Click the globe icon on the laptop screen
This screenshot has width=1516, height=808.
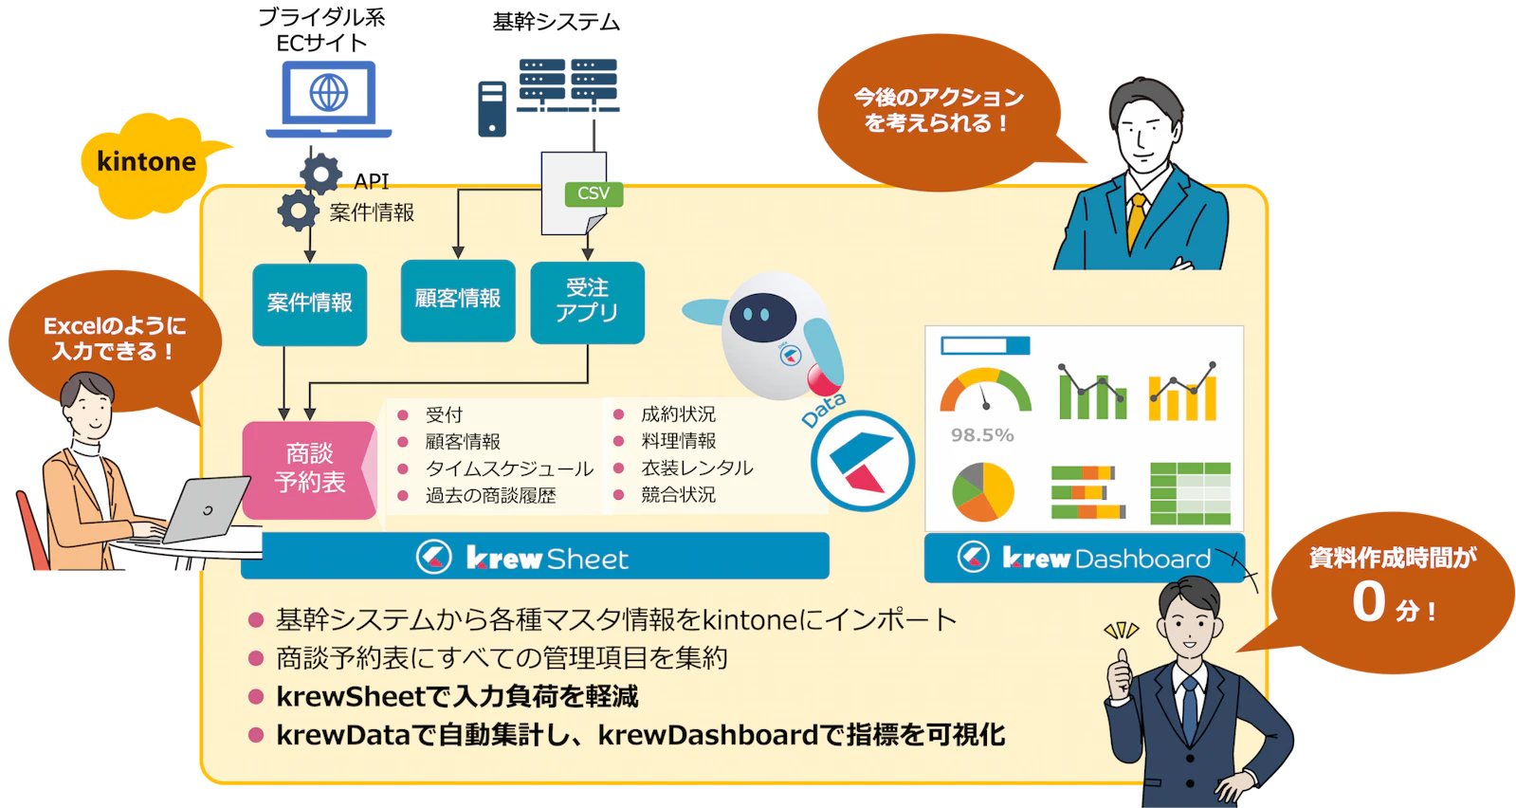(329, 93)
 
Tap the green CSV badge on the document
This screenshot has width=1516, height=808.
(594, 193)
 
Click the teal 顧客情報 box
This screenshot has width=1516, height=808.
(458, 300)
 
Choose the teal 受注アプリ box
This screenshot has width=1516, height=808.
(588, 302)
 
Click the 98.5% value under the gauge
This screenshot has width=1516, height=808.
(982, 435)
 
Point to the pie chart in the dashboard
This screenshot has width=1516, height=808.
(982, 491)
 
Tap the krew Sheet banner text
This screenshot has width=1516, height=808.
(547, 559)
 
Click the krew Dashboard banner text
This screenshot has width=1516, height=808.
(1105, 559)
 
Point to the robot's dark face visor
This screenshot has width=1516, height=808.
(762, 318)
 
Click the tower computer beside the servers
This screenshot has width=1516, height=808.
(492, 109)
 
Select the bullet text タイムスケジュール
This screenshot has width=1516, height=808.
(509, 468)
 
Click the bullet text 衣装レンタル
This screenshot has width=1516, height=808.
(697, 468)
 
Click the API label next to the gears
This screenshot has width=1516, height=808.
(372, 181)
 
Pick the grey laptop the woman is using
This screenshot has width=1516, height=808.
(203, 509)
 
